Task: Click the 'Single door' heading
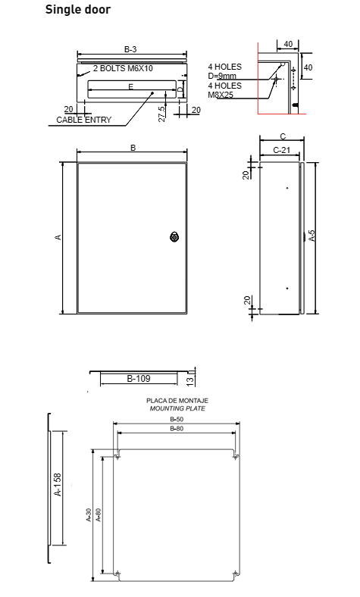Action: click(x=78, y=9)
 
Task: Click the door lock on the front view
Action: click(x=174, y=236)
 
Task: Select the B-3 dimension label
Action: click(x=130, y=49)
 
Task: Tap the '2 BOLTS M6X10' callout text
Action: click(x=123, y=68)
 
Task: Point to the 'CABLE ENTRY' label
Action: click(x=84, y=120)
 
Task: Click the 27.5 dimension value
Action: click(x=161, y=114)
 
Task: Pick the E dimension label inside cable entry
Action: click(x=130, y=87)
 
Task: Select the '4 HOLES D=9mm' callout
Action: click(x=224, y=71)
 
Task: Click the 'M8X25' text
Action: click(x=221, y=95)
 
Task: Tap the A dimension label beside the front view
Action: click(x=58, y=237)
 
